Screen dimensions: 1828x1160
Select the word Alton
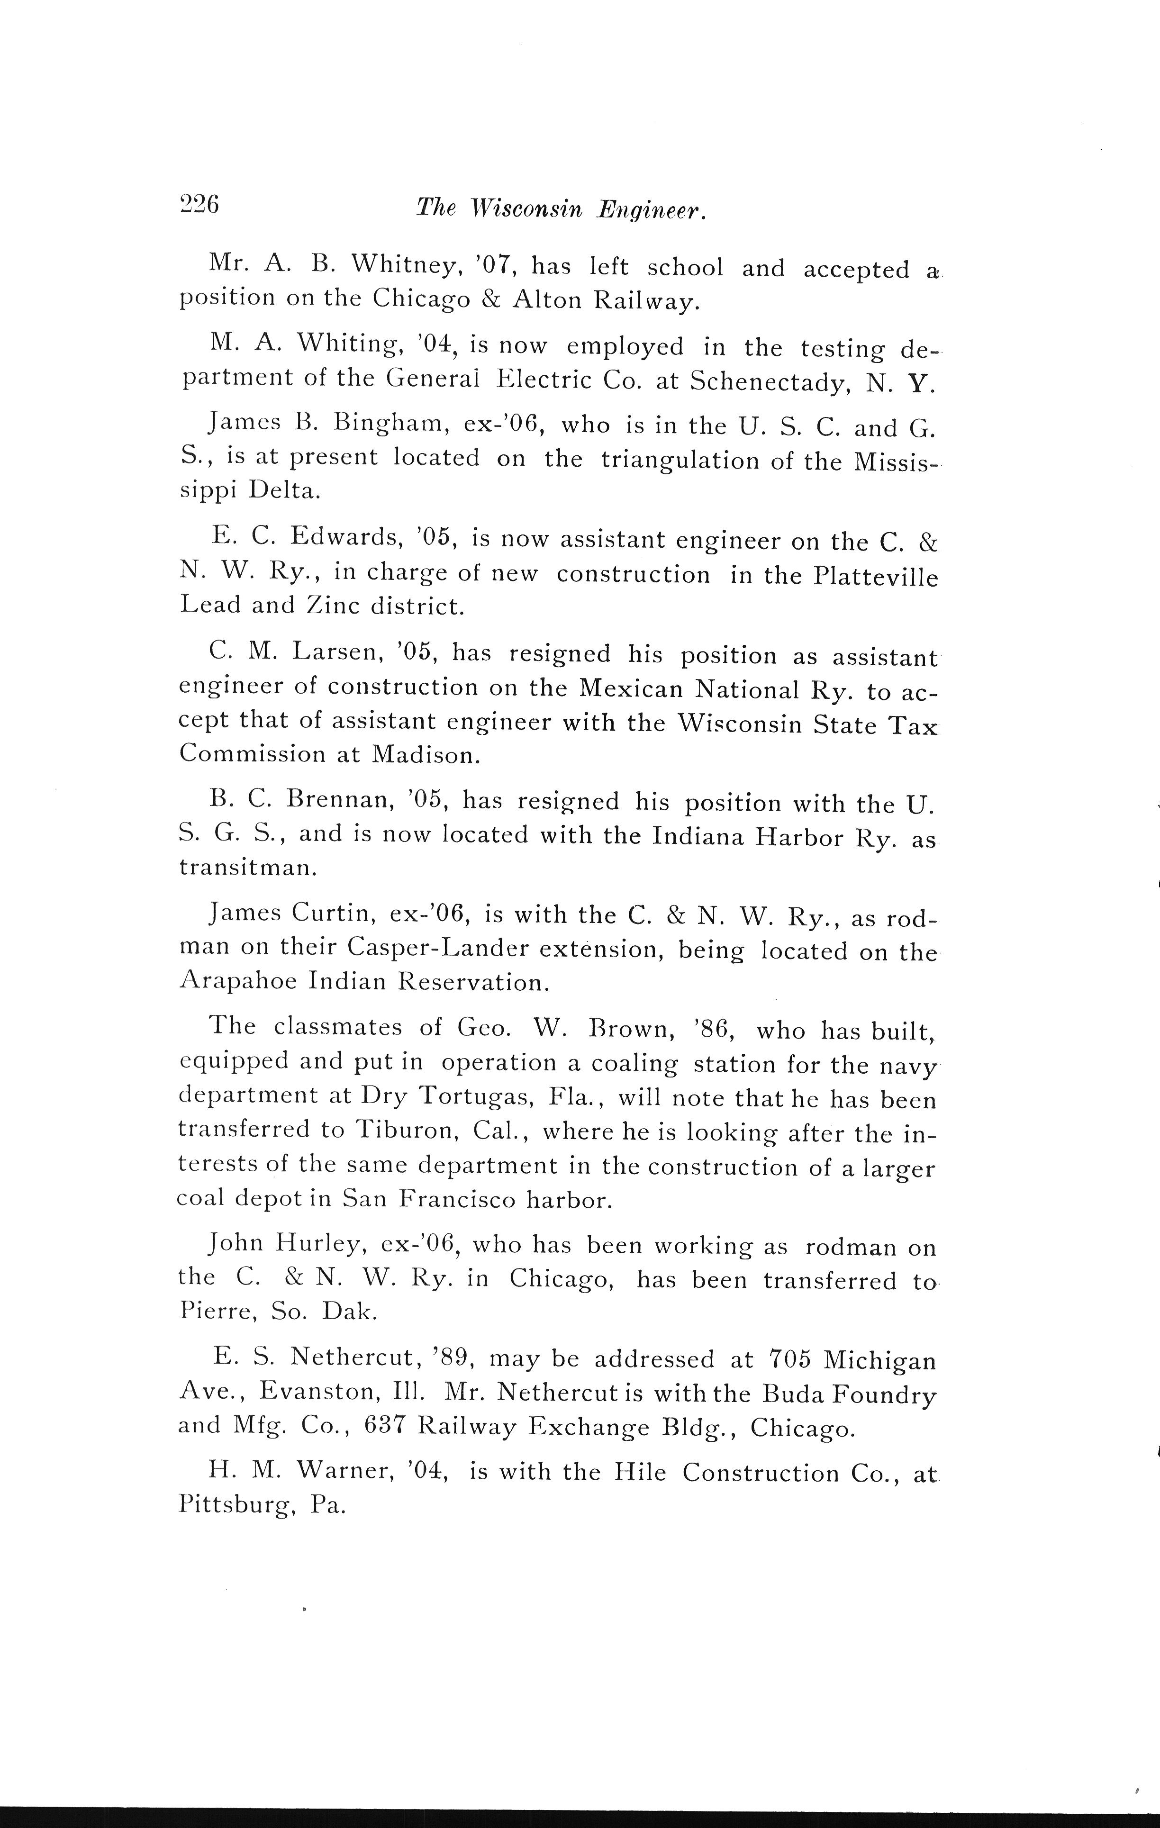543,300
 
